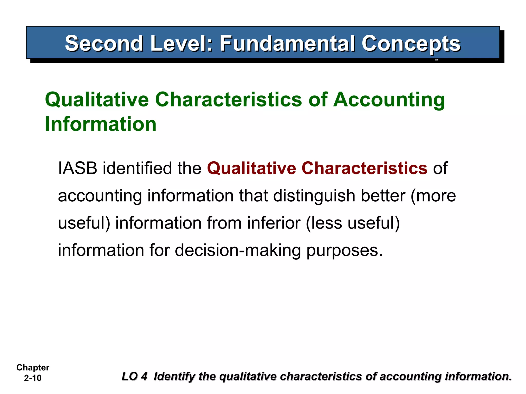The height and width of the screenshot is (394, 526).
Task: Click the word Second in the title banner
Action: [x=104, y=44]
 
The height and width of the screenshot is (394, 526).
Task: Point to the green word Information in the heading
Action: [x=100, y=124]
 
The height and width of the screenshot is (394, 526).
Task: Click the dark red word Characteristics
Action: [x=364, y=168]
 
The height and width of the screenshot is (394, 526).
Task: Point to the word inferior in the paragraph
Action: [x=274, y=223]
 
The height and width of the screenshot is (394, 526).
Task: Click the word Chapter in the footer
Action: [x=33, y=368]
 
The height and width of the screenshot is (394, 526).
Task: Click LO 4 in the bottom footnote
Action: [x=134, y=377]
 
